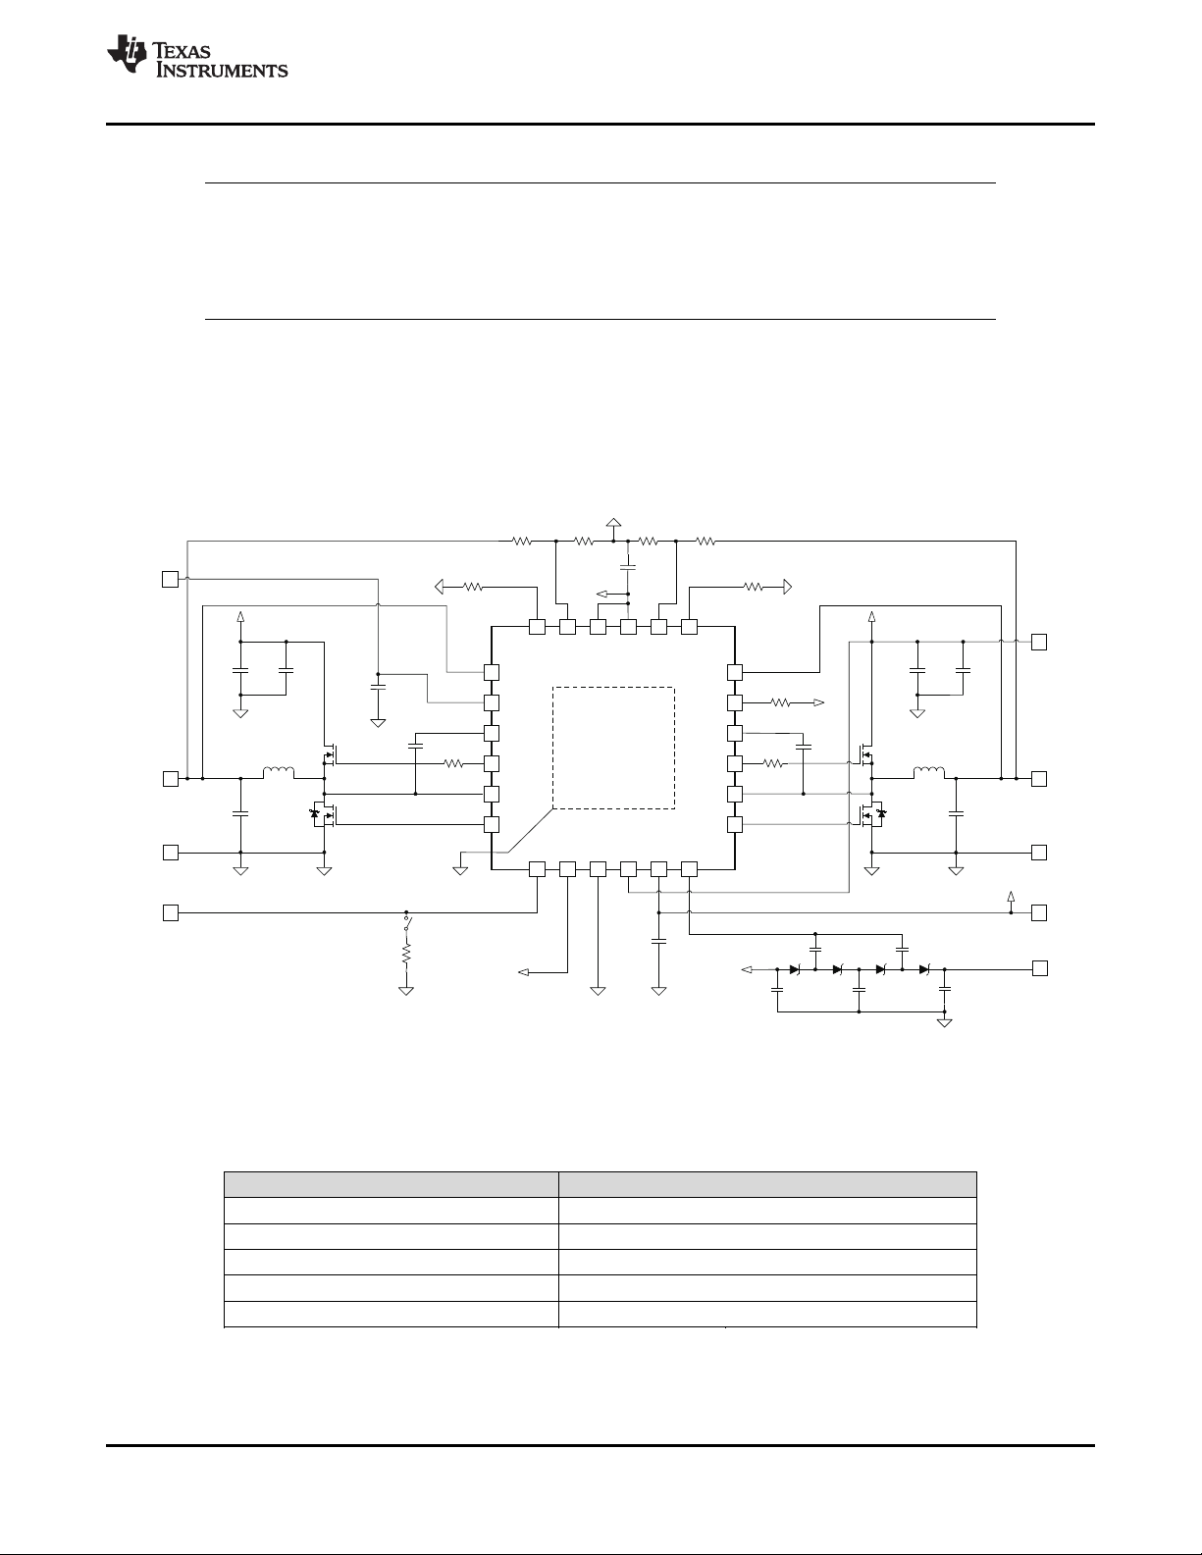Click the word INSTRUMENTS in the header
[x=218, y=71]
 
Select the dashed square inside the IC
[x=613, y=748]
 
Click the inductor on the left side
[x=278, y=774]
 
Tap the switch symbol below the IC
[x=406, y=924]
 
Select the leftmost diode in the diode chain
[x=795, y=969]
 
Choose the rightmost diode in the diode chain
[x=924, y=969]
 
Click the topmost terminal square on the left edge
[x=170, y=579]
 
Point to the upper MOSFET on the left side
[x=330, y=755]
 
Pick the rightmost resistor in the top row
[x=706, y=540]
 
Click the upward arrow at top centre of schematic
[x=614, y=523]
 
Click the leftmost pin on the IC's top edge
[x=537, y=626]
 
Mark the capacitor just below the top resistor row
[x=629, y=567]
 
